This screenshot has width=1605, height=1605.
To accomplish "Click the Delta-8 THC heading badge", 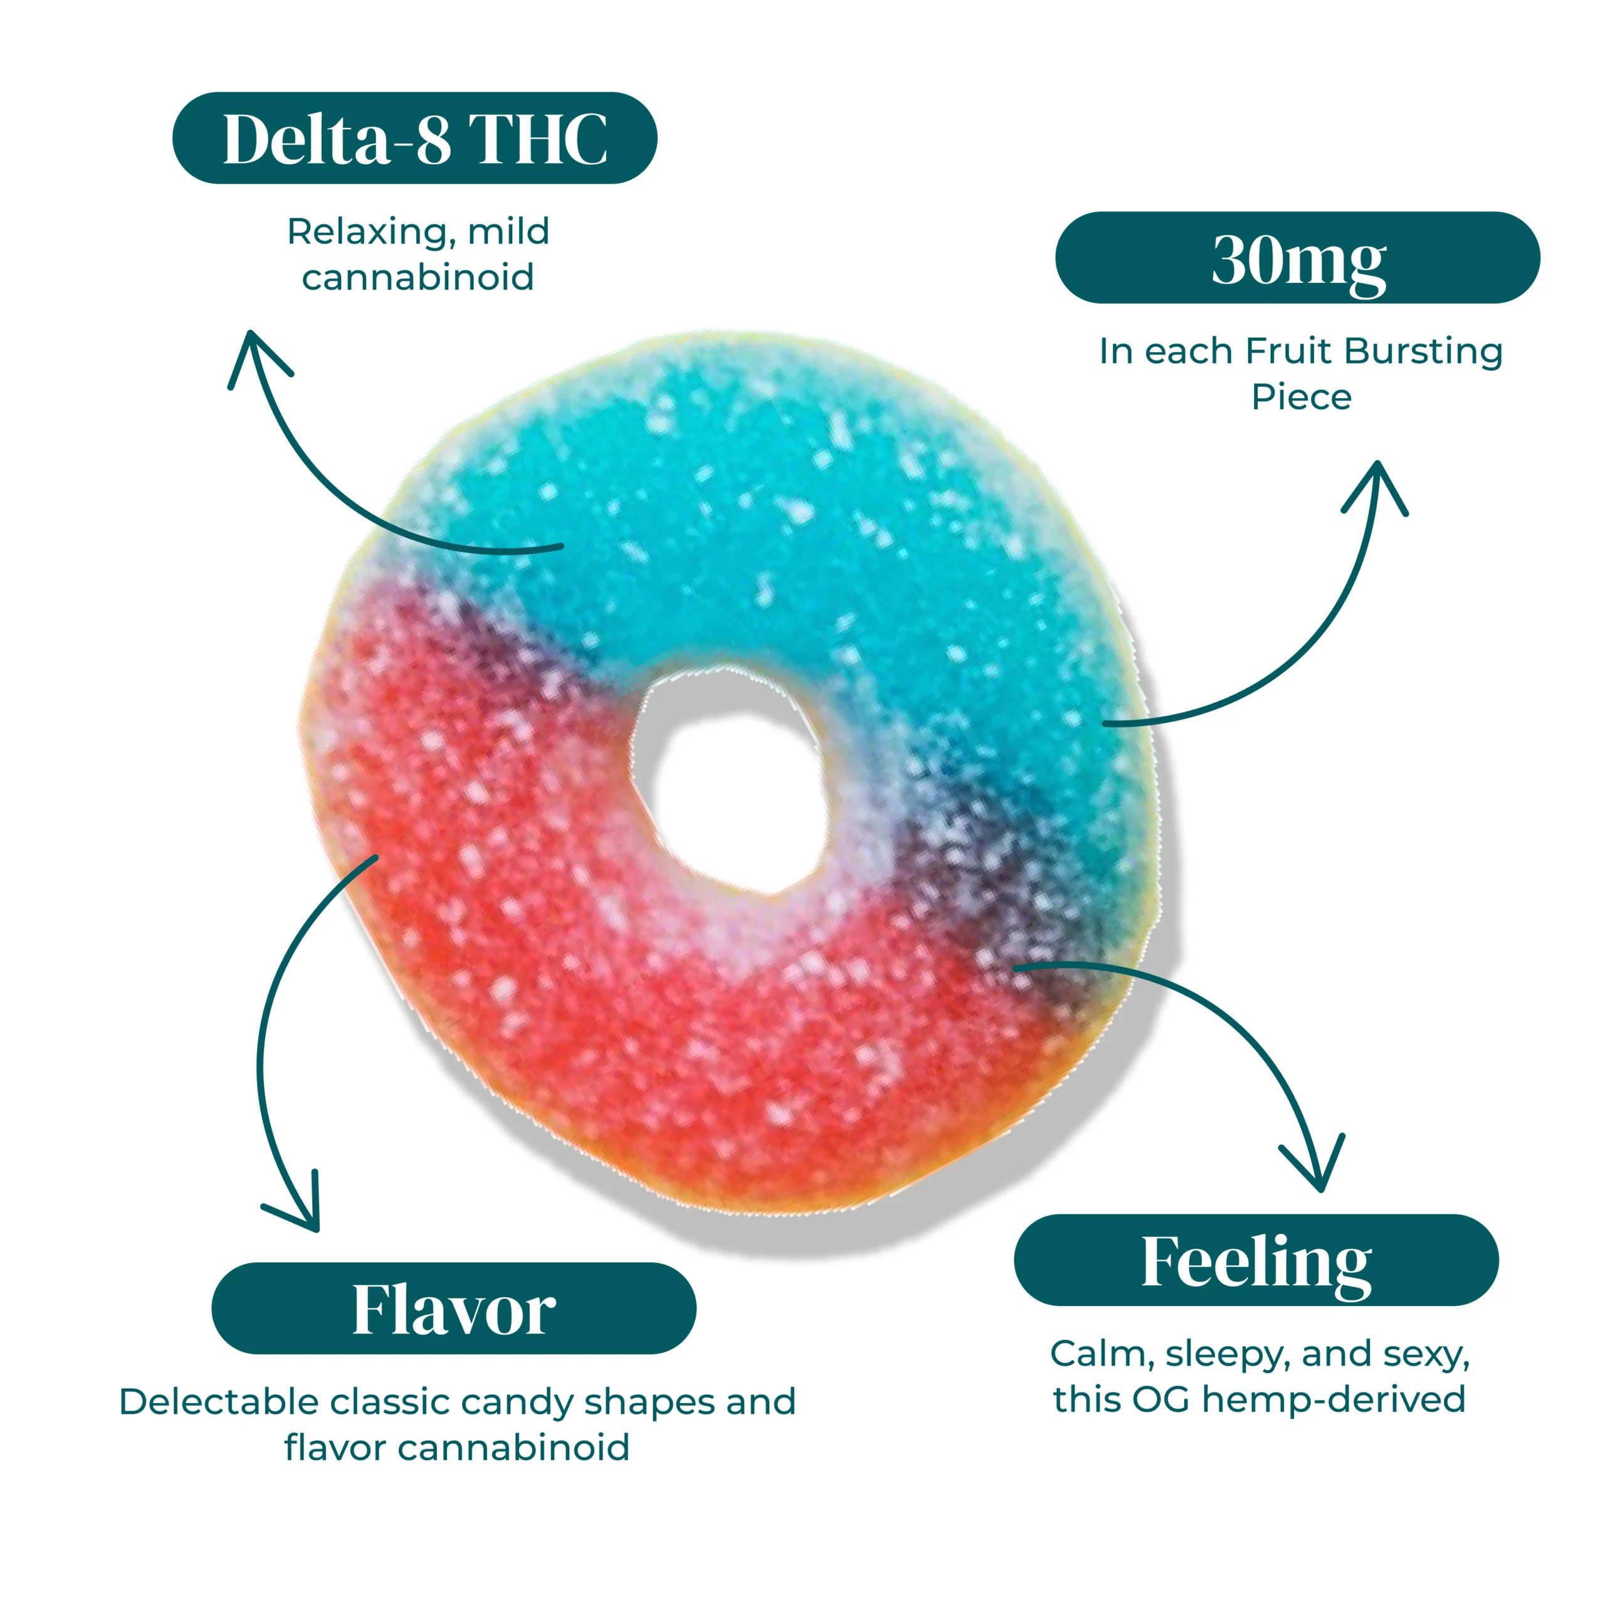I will (x=414, y=138).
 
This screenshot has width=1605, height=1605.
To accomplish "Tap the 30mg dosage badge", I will (x=1297, y=258).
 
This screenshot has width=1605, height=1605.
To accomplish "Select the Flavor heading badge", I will (x=453, y=1308).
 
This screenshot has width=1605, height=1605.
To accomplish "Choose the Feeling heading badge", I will (x=1255, y=1260).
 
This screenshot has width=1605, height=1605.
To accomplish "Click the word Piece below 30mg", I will (x=1301, y=397).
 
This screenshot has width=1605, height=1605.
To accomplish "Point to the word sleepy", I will (x=1226, y=1354).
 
